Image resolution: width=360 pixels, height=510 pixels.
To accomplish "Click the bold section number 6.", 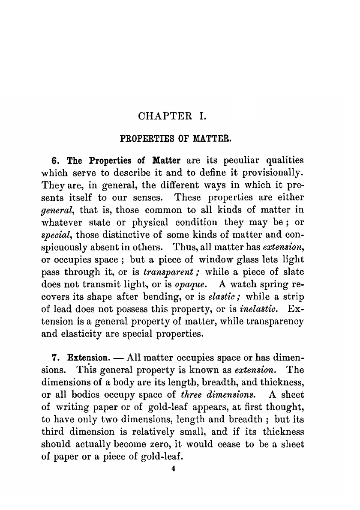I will click(x=54, y=161).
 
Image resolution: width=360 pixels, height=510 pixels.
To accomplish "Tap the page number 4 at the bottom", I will click(x=173, y=469).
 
